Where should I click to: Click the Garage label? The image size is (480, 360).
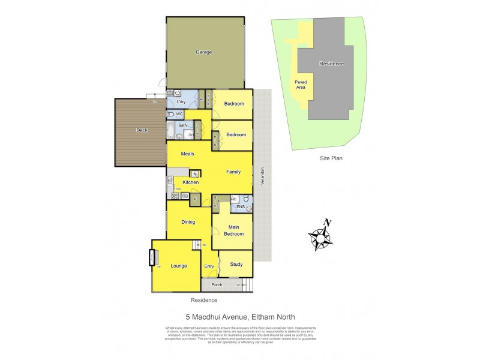coord(204,52)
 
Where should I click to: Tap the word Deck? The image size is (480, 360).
coord(142,130)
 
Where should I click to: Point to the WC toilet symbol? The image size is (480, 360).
coord(171,113)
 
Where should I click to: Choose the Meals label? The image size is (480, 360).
coord(187,154)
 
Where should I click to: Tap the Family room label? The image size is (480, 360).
coord(233,172)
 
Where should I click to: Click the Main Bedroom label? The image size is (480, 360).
coord(233,230)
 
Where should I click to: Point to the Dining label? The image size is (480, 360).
coord(188,223)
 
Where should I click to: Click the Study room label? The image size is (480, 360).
coord(236,264)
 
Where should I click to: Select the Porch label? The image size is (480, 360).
coord(217,284)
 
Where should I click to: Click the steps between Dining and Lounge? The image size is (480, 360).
coord(196,244)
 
